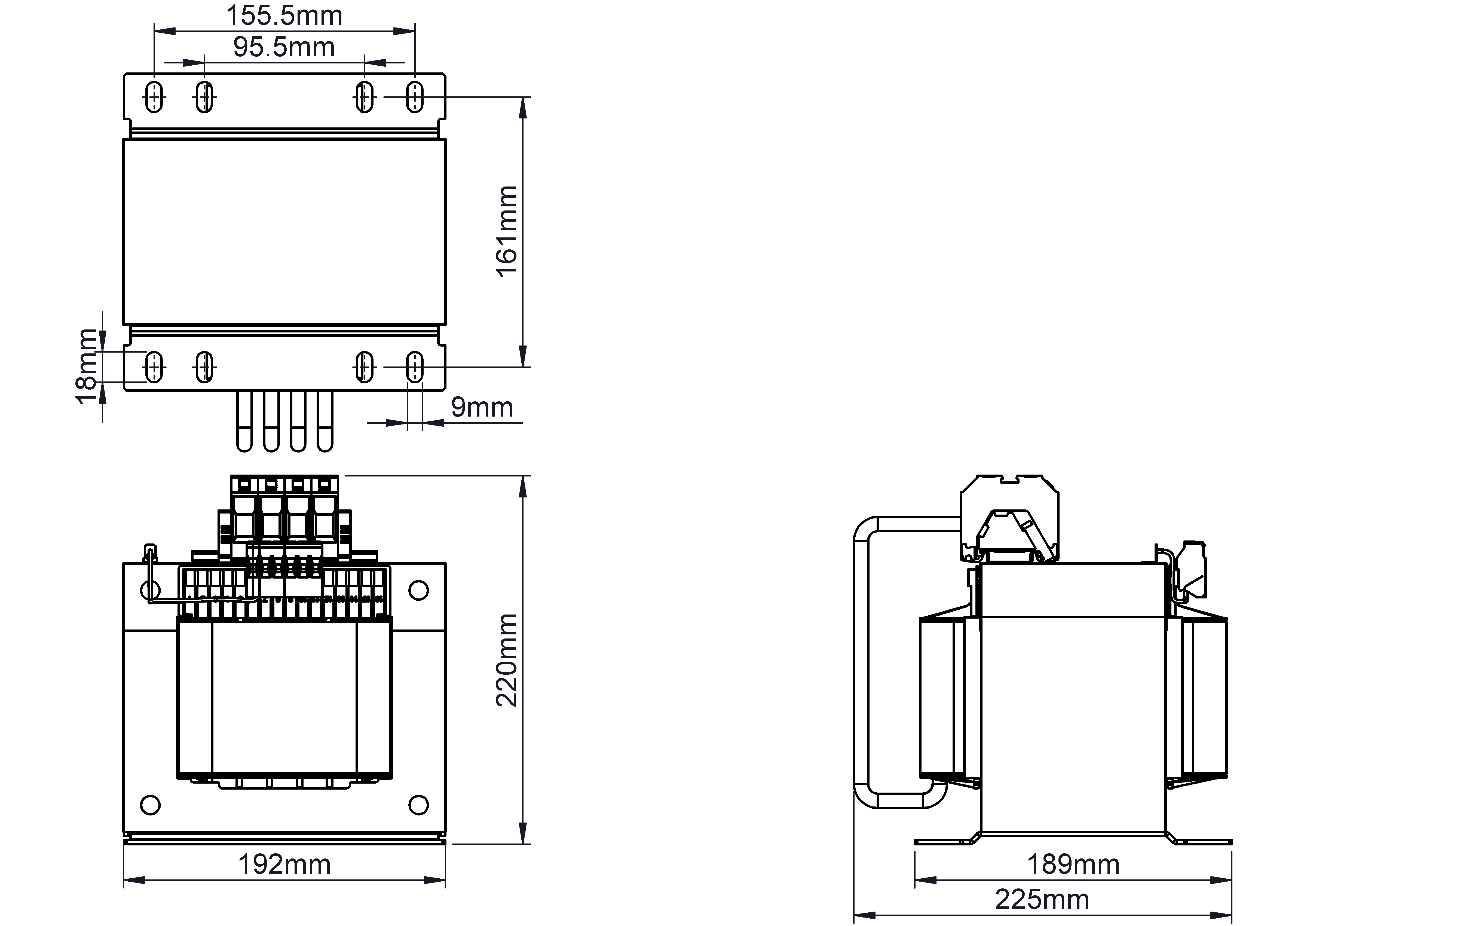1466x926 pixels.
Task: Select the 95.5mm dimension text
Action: click(x=284, y=47)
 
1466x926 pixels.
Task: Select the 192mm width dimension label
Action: click(x=284, y=864)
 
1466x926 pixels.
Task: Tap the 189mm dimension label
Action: click(x=1073, y=864)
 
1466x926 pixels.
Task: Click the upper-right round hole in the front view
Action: click(x=418, y=590)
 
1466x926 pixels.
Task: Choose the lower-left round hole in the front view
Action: click(x=150, y=805)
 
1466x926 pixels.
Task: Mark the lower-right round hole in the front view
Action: click(x=418, y=805)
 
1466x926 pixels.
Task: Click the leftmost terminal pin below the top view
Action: click(x=244, y=421)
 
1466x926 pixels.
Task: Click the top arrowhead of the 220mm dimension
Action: click(x=522, y=487)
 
